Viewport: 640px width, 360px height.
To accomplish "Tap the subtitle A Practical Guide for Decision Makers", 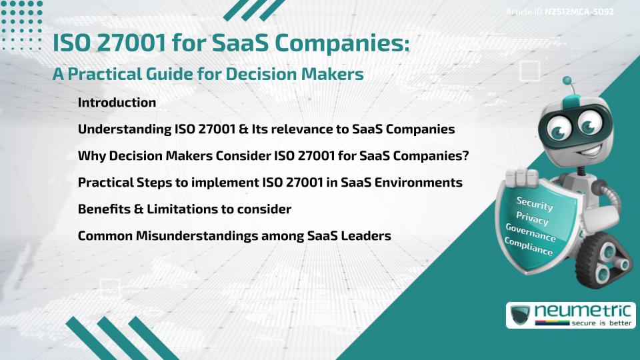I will tap(208, 74).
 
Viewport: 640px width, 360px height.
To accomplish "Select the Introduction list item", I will tap(117, 103).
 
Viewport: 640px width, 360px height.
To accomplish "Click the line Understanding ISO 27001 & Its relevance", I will tap(266, 129).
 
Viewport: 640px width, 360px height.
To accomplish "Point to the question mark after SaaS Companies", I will tap(465, 156).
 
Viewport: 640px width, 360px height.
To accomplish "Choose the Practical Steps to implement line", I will tap(270, 182).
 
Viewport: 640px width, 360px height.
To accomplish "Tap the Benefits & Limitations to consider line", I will tap(185, 209).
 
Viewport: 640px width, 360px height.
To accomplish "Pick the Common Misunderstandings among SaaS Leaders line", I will tap(234, 235).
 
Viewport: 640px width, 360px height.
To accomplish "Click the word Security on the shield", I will tap(534, 204).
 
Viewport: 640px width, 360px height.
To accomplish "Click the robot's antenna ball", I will tap(567, 81).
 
